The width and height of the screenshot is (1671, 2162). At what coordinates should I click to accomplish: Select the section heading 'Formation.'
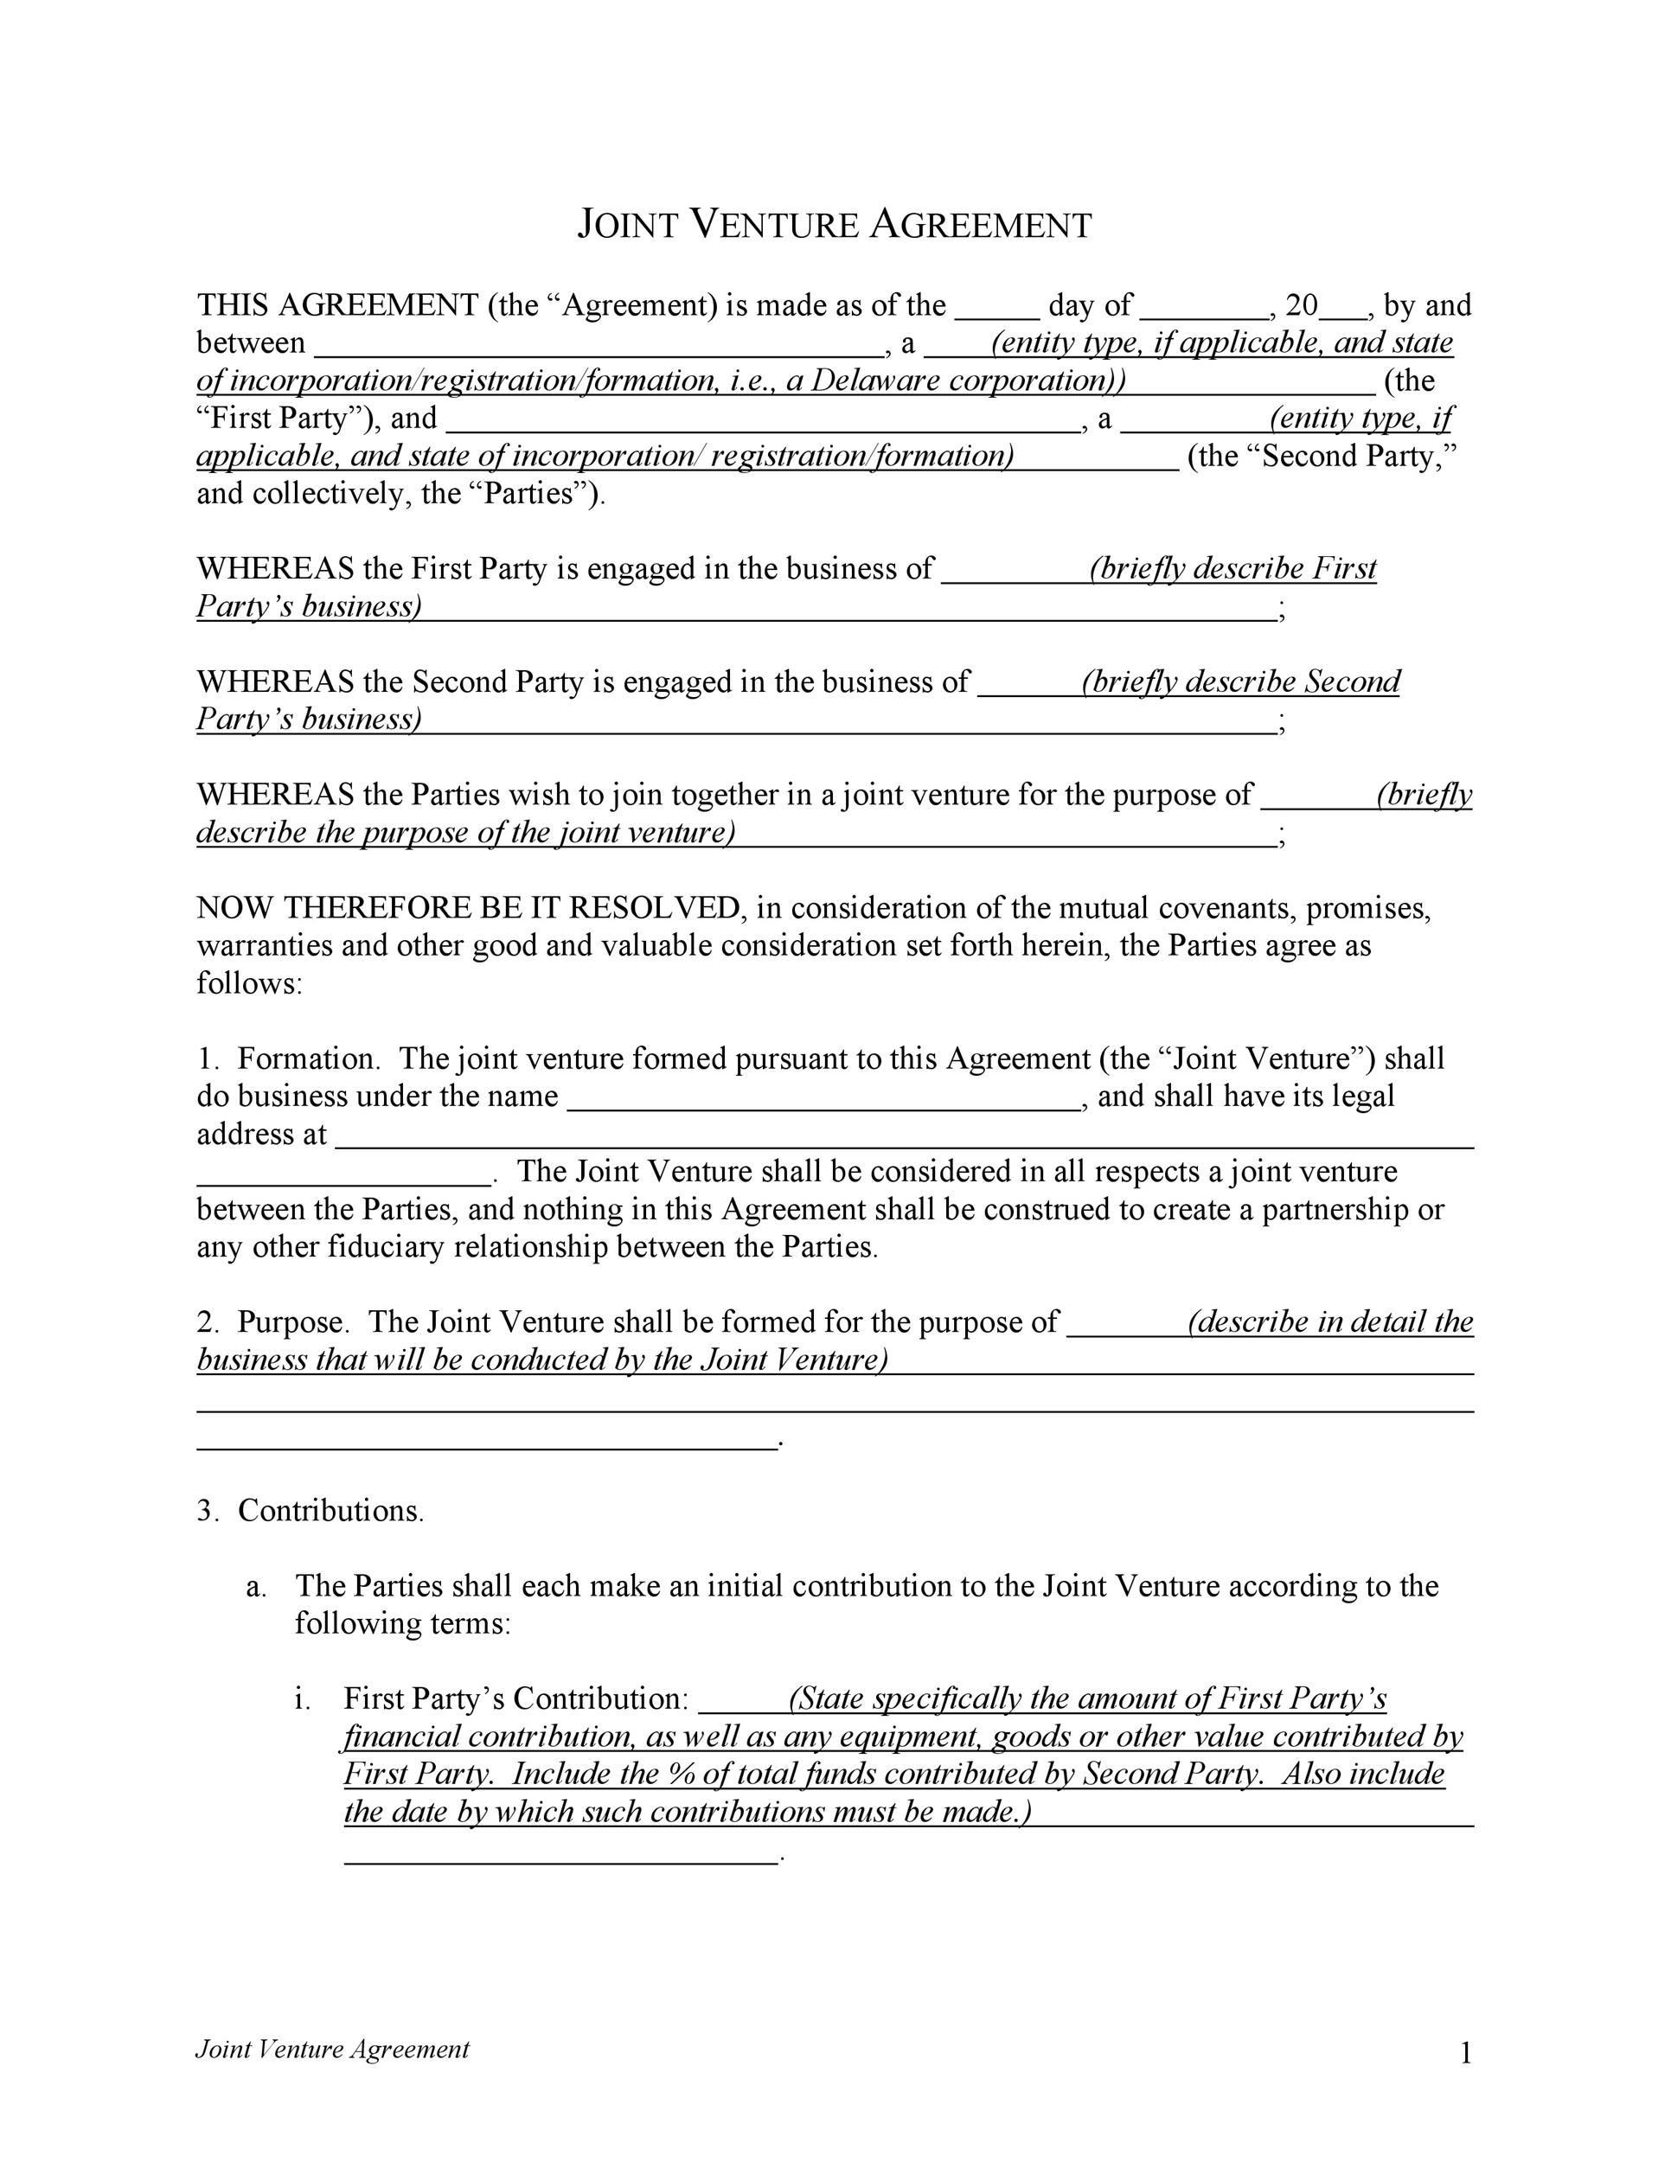point(309,1059)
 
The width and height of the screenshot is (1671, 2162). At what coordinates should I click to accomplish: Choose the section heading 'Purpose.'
point(293,1322)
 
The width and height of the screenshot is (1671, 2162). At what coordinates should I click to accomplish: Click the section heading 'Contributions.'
point(330,1511)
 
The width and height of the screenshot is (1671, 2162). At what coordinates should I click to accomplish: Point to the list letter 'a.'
point(256,1587)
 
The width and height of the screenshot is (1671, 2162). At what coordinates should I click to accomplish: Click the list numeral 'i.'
point(303,1699)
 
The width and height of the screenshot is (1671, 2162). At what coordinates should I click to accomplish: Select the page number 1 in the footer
point(1466,2054)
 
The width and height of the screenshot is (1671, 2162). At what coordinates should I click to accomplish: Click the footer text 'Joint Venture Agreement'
point(331,2050)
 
